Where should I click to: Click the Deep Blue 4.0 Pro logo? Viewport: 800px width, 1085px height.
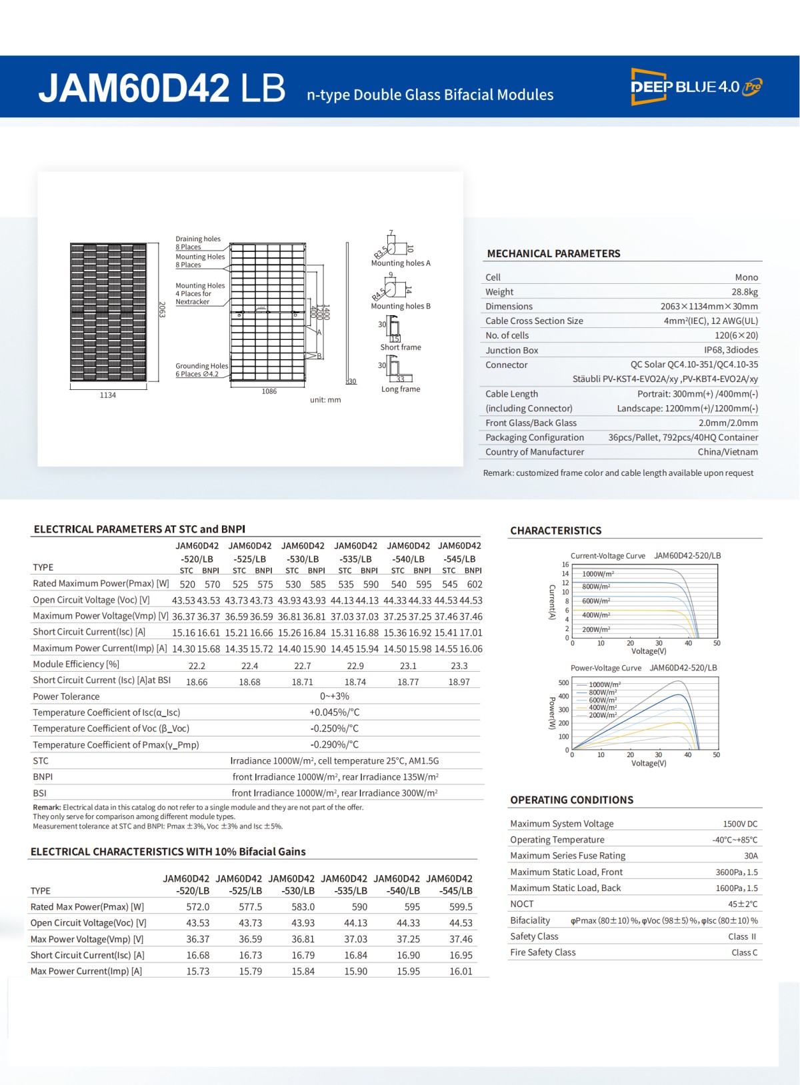(696, 87)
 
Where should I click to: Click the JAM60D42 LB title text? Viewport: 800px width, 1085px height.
(162, 88)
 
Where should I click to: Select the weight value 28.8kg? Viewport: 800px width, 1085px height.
(744, 292)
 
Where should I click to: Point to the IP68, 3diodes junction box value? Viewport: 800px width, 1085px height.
(731, 350)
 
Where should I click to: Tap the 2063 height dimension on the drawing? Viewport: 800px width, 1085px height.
(162, 309)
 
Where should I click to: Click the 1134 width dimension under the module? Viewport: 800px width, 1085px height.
(108, 395)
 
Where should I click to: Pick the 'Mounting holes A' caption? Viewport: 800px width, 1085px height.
(401, 263)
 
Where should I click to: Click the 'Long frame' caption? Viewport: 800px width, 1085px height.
(401, 389)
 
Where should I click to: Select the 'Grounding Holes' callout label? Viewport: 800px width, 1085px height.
(201, 366)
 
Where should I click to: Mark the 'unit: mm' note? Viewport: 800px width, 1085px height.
(325, 400)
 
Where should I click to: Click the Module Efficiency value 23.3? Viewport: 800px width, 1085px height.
(459, 666)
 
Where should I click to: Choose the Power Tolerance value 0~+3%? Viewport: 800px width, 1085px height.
(335, 696)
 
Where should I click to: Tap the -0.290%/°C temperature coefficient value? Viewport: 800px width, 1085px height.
(335, 744)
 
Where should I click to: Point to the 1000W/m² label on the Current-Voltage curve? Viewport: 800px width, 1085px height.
(598, 574)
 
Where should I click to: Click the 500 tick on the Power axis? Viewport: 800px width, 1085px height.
(563, 682)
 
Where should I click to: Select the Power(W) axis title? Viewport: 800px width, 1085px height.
(552, 713)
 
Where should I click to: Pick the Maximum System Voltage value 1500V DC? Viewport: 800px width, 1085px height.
(740, 824)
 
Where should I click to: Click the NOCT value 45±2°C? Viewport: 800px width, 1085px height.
(743, 904)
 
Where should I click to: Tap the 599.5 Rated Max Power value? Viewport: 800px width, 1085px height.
(461, 907)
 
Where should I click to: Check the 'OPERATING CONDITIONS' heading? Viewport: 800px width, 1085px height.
(571, 800)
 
